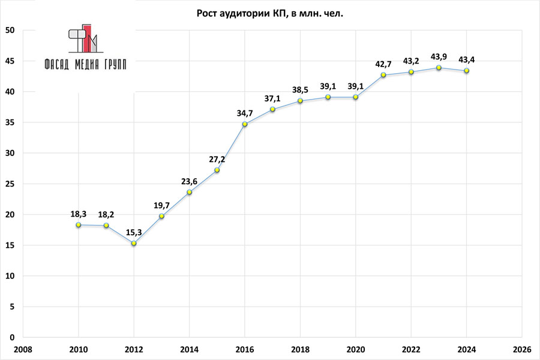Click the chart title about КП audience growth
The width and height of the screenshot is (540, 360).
point(270,13)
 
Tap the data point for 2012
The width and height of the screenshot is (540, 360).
point(134,243)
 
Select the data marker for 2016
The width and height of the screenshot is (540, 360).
point(245,124)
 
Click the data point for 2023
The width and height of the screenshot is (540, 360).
point(439,68)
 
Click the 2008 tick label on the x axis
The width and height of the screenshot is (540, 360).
point(23,349)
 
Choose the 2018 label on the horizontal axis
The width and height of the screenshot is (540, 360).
point(300,349)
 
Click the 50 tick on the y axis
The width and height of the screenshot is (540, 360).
point(10,31)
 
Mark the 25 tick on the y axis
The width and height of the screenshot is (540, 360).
point(10,184)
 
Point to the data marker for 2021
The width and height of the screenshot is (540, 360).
point(383,75)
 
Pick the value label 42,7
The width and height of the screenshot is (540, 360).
point(383,64)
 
